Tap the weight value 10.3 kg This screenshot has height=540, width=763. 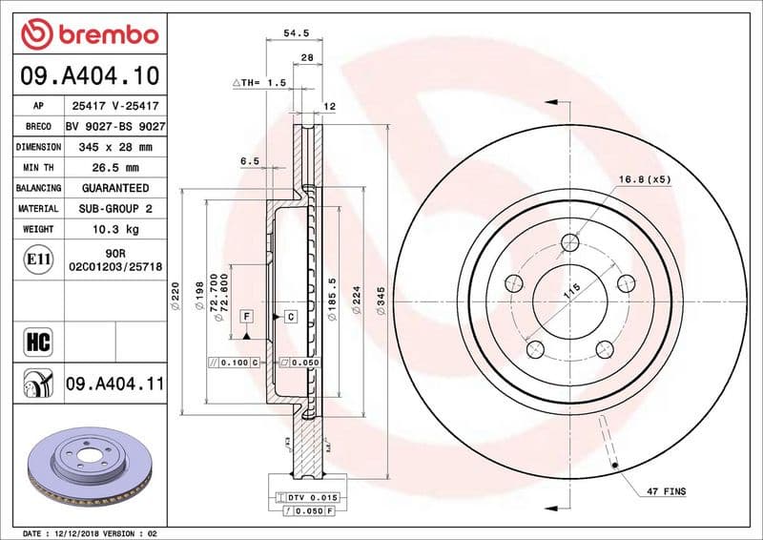click(x=115, y=229)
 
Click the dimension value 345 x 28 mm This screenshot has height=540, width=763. click(x=115, y=147)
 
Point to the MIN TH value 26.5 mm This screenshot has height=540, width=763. click(x=115, y=168)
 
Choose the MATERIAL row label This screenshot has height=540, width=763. click(x=38, y=208)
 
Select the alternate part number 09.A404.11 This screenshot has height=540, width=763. click(x=115, y=384)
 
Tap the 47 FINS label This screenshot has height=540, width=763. click(x=666, y=491)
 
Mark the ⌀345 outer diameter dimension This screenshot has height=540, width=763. click(x=381, y=302)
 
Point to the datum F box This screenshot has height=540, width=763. click(x=247, y=314)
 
